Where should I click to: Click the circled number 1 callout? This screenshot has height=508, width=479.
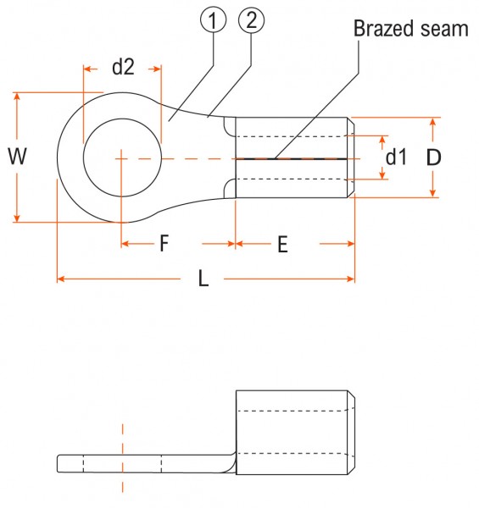[x=213, y=20]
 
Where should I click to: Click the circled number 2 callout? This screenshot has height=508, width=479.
[x=251, y=20]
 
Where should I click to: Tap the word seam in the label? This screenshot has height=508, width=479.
[x=444, y=29]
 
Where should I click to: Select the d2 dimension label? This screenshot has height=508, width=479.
[x=123, y=67]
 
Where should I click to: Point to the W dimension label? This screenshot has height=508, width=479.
[x=17, y=156]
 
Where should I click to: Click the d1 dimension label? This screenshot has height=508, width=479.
[x=396, y=157]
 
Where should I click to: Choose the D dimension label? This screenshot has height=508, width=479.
[x=433, y=157]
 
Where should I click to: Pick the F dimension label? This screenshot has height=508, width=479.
[x=164, y=243]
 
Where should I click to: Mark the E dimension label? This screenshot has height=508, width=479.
[x=282, y=244]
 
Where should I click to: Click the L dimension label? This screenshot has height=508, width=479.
[x=203, y=279]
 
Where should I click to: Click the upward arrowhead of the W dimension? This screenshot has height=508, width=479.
[x=17, y=97]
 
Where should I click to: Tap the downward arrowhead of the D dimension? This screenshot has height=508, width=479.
[x=433, y=193]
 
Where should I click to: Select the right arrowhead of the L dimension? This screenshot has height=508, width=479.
[x=351, y=279]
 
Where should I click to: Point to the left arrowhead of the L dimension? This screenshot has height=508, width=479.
[x=61, y=279]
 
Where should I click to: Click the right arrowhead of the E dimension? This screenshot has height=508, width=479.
[x=351, y=244]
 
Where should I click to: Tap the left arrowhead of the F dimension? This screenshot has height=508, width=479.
[x=125, y=244]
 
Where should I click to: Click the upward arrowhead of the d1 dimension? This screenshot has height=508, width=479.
[x=382, y=140]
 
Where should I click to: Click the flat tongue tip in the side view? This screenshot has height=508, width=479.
[x=58, y=464]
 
